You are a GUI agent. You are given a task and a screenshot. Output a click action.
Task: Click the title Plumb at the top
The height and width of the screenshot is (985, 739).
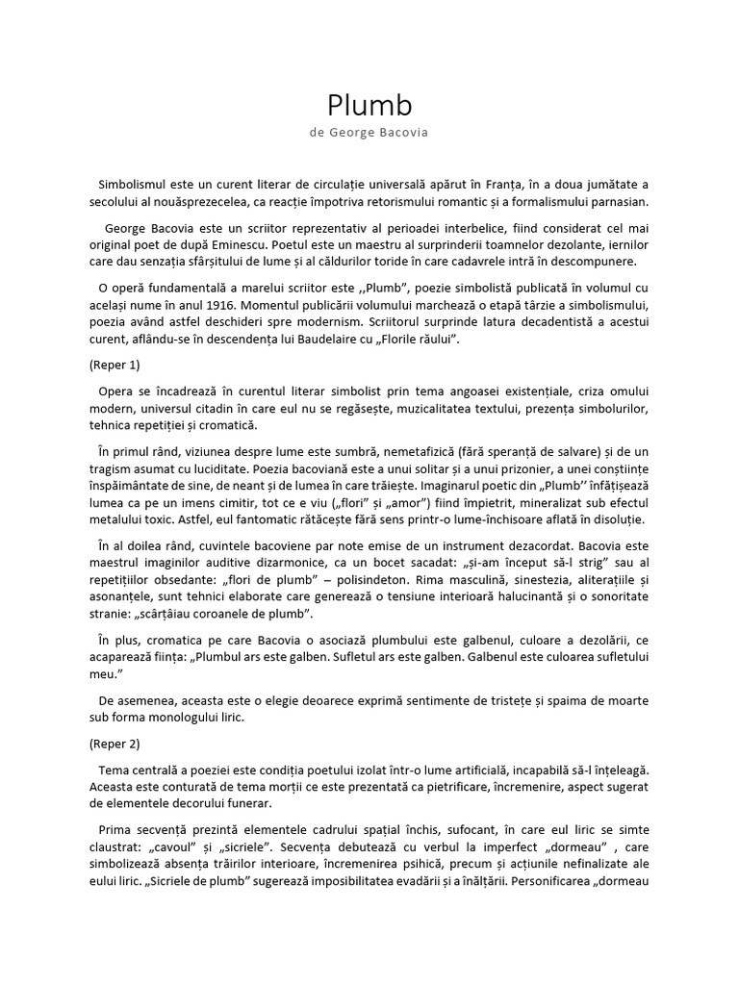click(x=369, y=105)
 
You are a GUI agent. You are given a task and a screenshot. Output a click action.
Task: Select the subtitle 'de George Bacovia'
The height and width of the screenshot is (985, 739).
click(x=369, y=133)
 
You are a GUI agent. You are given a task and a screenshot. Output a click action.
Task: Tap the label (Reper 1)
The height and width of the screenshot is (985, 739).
click(x=115, y=366)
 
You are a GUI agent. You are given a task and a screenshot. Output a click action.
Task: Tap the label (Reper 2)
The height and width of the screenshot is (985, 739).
click(x=115, y=744)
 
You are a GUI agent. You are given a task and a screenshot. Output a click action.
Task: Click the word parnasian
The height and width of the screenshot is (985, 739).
click(x=617, y=202)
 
